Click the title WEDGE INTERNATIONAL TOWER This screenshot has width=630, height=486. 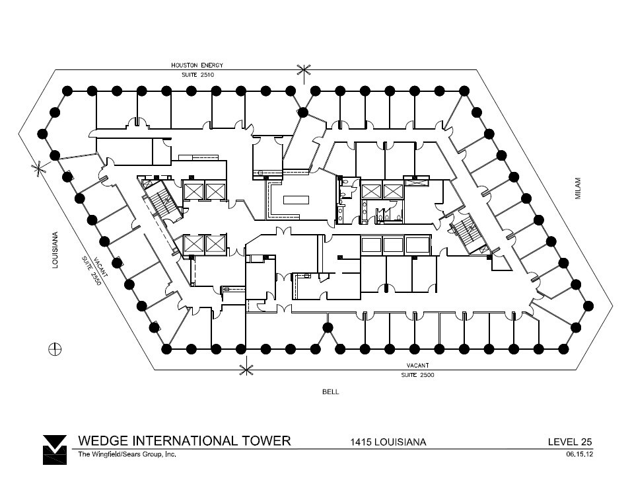pos(184,441)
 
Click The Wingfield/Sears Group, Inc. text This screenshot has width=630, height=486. pos(127,454)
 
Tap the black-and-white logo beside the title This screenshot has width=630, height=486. pos(54,450)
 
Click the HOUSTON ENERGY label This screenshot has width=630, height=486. pos(197,65)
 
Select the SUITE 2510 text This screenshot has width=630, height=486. pos(198,75)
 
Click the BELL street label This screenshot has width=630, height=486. pos(330,391)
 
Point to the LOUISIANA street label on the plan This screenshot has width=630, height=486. pos(55,249)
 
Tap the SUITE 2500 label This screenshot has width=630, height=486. pos(417,375)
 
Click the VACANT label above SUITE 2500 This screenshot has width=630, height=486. pos(417,366)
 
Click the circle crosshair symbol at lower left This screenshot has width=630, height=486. pos(55,349)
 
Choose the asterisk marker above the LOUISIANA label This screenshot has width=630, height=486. pos(38,168)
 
